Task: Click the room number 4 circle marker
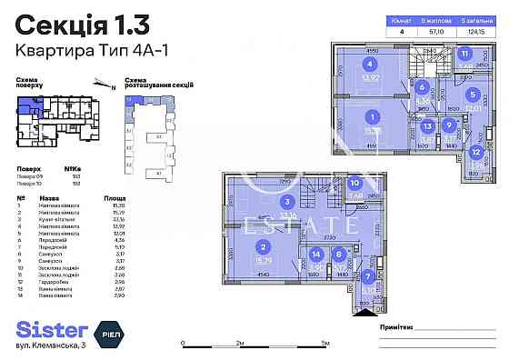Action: [x=370, y=64]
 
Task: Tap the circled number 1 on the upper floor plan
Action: [x=372, y=116]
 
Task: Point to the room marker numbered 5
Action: [x=472, y=93]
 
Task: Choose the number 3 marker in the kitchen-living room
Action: [x=286, y=202]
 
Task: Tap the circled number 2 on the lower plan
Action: [x=263, y=247]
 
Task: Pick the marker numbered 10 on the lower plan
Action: [x=355, y=184]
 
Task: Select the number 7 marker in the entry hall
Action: [x=367, y=276]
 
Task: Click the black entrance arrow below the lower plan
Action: [x=367, y=311]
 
